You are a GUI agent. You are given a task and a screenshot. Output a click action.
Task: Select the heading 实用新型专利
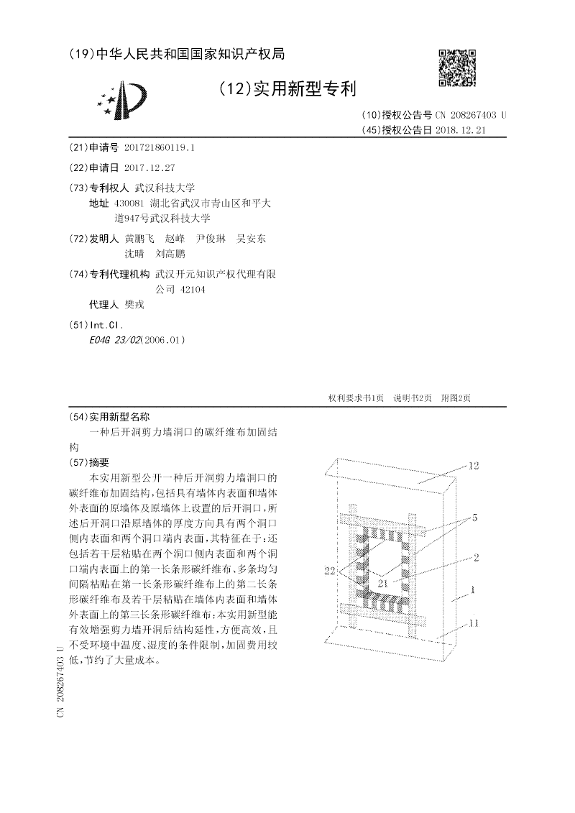(x=288, y=88)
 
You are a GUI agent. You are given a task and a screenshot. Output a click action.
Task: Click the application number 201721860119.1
(x=160, y=147)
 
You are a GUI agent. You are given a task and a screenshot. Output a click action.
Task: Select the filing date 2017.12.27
(x=149, y=167)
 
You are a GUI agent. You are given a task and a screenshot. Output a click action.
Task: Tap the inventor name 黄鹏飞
(x=139, y=239)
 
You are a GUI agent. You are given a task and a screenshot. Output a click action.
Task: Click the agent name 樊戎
(x=134, y=304)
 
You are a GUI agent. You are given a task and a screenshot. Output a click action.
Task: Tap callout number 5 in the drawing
(x=474, y=517)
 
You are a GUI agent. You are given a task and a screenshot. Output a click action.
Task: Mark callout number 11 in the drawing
(x=474, y=623)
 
